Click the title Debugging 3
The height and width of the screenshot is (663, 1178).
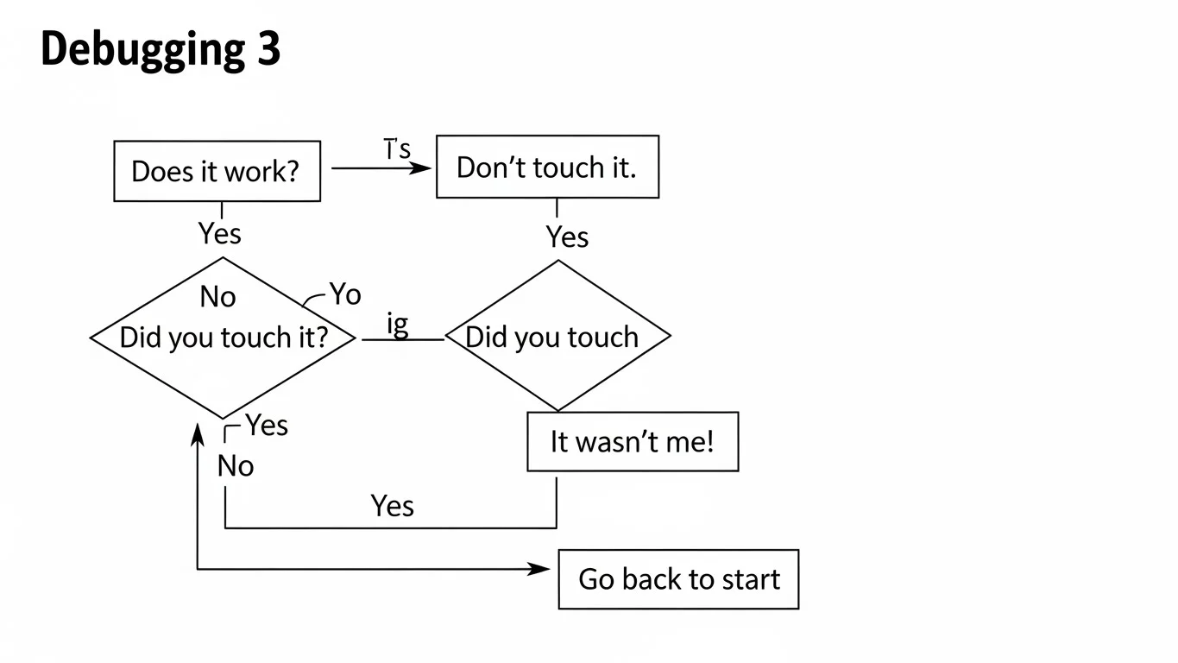(x=161, y=50)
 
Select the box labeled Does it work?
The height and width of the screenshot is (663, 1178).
(x=217, y=171)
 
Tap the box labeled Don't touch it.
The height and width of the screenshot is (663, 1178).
(x=547, y=167)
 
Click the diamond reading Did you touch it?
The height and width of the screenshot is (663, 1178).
(x=223, y=338)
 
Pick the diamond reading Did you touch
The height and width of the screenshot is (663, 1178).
(x=557, y=337)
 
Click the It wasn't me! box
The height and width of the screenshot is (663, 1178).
(x=633, y=442)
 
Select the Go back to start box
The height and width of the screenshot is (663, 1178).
(x=678, y=578)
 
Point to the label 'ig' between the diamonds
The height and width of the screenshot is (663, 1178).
(x=397, y=325)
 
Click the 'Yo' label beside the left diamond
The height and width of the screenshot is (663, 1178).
(x=344, y=294)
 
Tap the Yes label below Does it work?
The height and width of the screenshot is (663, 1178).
(x=219, y=233)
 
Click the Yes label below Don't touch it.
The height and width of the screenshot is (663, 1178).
(x=567, y=237)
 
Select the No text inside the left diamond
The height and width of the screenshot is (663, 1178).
(x=217, y=297)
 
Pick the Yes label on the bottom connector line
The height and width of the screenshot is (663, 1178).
(x=393, y=505)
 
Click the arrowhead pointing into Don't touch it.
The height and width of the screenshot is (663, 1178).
(x=421, y=168)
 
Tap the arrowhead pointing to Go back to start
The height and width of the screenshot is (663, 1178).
(x=540, y=569)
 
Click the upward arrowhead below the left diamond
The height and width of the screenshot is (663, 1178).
(x=198, y=432)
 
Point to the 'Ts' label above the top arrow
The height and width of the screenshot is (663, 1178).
(x=397, y=149)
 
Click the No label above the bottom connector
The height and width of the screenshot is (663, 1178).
(x=236, y=466)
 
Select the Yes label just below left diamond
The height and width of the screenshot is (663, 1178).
(x=267, y=425)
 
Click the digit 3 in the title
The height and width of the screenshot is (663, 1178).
(x=268, y=50)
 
